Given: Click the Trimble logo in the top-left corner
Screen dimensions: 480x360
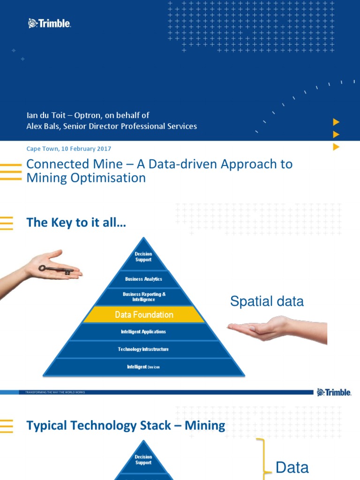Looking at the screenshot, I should coord(50,23).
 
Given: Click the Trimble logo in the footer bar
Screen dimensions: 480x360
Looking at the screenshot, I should coord(334,392).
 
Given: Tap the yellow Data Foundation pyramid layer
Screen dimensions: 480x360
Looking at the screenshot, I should coord(144,315).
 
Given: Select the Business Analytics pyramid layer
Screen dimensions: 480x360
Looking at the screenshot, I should coord(143,279).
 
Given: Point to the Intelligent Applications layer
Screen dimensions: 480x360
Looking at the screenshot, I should coord(143,332).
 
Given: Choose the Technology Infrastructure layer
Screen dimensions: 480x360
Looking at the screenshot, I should coord(143,349).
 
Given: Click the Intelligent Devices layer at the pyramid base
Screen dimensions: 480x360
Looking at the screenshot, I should coord(143,367).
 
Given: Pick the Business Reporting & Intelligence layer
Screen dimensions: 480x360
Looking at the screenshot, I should coord(144,297).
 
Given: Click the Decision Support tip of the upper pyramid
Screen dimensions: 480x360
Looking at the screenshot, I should coord(143,257).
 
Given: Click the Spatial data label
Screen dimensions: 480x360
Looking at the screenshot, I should coord(267,301).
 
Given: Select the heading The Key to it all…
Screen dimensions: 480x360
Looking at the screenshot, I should coord(76,223).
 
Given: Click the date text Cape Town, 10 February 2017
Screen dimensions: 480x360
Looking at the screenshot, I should coord(68,149).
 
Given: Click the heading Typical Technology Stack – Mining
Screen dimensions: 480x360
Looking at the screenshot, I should coord(126,426).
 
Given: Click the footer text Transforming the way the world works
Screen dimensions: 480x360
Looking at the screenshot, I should coord(52,392).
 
